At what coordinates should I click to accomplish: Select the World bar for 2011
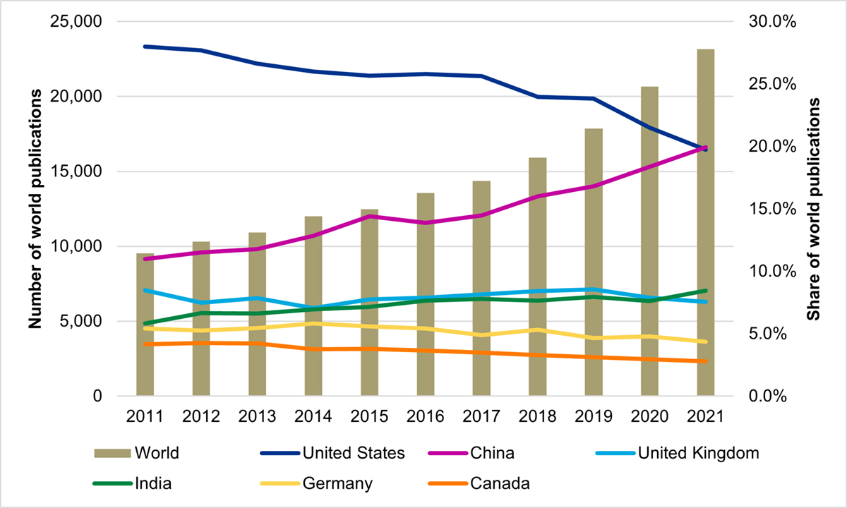145,325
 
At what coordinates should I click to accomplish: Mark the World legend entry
138,453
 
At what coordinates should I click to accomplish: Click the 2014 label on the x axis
313,416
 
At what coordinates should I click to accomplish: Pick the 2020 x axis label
649,416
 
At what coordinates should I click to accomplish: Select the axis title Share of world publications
813,209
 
